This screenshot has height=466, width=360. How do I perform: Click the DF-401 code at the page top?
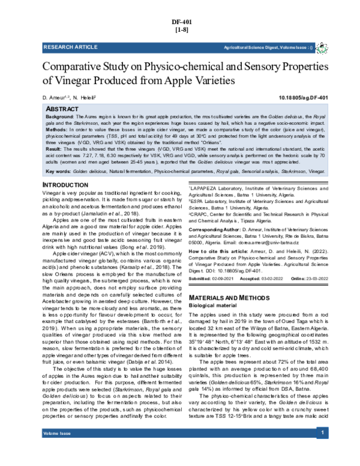[179, 21]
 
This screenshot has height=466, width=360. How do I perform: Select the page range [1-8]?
[179, 29]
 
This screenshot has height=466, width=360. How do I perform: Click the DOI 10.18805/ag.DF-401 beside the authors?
[304, 97]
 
